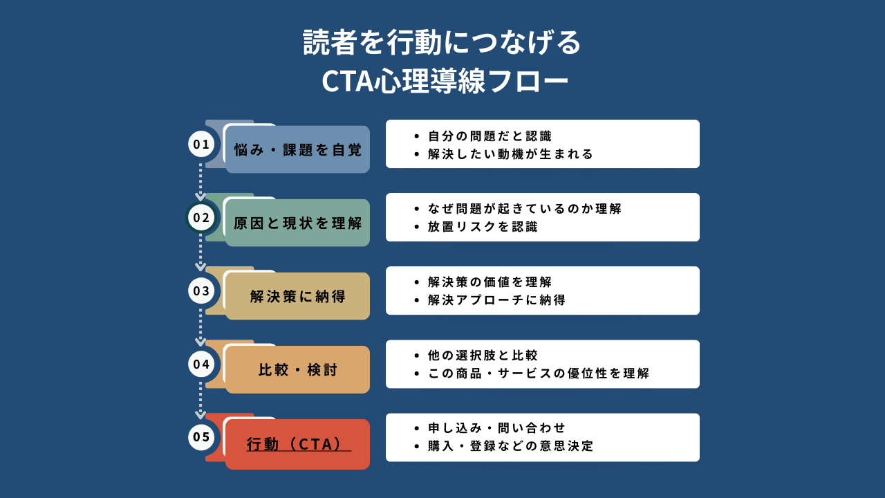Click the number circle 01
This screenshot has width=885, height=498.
coord(201,145)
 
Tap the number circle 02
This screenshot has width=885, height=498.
coord(201,218)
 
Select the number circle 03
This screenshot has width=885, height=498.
coord(201,290)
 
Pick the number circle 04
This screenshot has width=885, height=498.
coord(201,364)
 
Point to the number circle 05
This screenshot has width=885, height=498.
coord(201,437)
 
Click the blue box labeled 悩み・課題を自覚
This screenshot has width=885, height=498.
coord(297,149)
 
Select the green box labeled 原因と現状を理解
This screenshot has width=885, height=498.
coord(297,223)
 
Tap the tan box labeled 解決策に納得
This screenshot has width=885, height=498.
coord(297,296)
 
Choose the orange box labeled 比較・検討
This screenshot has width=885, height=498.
coord(297,369)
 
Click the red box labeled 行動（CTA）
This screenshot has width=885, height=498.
coord(297,443)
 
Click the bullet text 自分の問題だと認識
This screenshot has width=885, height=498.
coord(490,136)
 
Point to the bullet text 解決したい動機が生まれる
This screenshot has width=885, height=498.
coord(510,154)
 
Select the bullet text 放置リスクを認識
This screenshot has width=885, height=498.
coord(483,227)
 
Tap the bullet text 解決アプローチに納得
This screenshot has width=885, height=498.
coord(496,300)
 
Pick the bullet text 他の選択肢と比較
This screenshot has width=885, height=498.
coord(483,356)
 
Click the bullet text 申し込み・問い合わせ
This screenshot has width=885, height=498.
coord(496,428)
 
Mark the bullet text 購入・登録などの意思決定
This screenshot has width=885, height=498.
coord(510,446)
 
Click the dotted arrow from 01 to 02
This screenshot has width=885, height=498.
coord(201,181)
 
